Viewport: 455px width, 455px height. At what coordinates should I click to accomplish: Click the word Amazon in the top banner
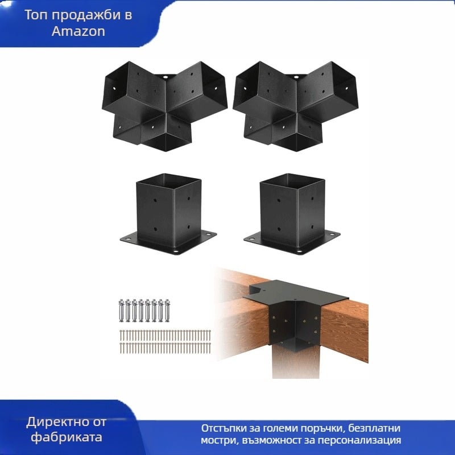(x=78, y=31)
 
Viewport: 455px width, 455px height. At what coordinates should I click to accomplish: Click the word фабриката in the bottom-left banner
(x=67, y=437)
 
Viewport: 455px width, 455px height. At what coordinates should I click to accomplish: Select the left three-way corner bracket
(x=164, y=106)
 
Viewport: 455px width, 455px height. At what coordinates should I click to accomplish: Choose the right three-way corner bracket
(x=295, y=106)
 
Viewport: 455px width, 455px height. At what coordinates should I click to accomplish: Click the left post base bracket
(x=168, y=214)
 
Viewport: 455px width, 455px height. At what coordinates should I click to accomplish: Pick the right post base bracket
(x=292, y=214)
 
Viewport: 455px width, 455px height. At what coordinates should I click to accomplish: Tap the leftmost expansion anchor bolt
(x=121, y=311)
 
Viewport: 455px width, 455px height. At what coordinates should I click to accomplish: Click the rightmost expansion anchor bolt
(x=167, y=311)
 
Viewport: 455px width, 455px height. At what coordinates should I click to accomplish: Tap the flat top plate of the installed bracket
(x=299, y=292)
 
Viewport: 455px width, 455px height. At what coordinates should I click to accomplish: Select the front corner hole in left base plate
(x=176, y=251)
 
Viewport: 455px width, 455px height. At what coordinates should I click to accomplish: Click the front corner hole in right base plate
(x=300, y=251)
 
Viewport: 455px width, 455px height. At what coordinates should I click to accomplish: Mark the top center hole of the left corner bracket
(x=165, y=78)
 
